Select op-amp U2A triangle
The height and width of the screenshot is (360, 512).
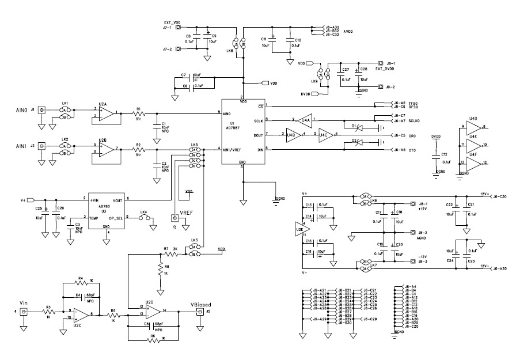(x=106, y=113)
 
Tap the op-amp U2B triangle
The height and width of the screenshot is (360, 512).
(x=106, y=149)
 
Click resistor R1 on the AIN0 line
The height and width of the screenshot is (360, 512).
(x=138, y=113)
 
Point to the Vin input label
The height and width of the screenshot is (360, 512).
(x=23, y=304)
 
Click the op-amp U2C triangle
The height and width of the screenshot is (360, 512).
(x=80, y=314)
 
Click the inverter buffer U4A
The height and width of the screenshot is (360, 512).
(x=305, y=120)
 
